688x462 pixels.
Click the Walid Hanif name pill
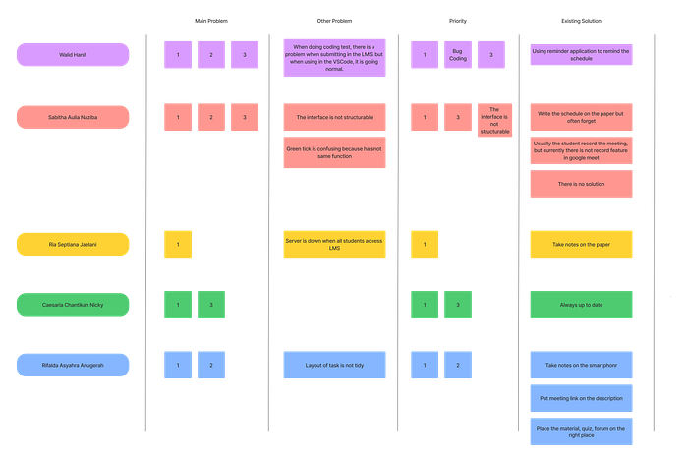click(x=73, y=55)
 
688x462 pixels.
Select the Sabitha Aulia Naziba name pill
click(x=73, y=117)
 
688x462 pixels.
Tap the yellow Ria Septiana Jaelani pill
click(x=73, y=245)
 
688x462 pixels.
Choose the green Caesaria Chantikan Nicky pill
click(x=73, y=305)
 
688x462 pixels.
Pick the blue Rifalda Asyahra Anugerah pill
click(x=73, y=365)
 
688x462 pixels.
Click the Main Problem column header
click(x=211, y=21)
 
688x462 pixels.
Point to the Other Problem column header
click(x=334, y=21)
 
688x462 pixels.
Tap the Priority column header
click(x=458, y=21)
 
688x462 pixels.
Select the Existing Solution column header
click(x=582, y=21)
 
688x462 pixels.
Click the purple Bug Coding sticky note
click(x=458, y=55)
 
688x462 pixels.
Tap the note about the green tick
click(x=334, y=152)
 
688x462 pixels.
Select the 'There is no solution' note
click(x=582, y=184)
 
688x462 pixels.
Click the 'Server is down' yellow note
click(x=334, y=245)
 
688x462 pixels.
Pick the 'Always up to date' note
click(x=582, y=305)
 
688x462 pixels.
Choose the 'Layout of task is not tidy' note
click(x=334, y=365)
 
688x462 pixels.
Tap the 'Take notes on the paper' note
click(x=582, y=245)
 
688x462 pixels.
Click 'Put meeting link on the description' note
click(x=582, y=398)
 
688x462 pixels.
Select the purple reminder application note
click(x=582, y=55)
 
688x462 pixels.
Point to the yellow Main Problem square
click(x=178, y=245)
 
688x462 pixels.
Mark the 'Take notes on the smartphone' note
click(x=582, y=365)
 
